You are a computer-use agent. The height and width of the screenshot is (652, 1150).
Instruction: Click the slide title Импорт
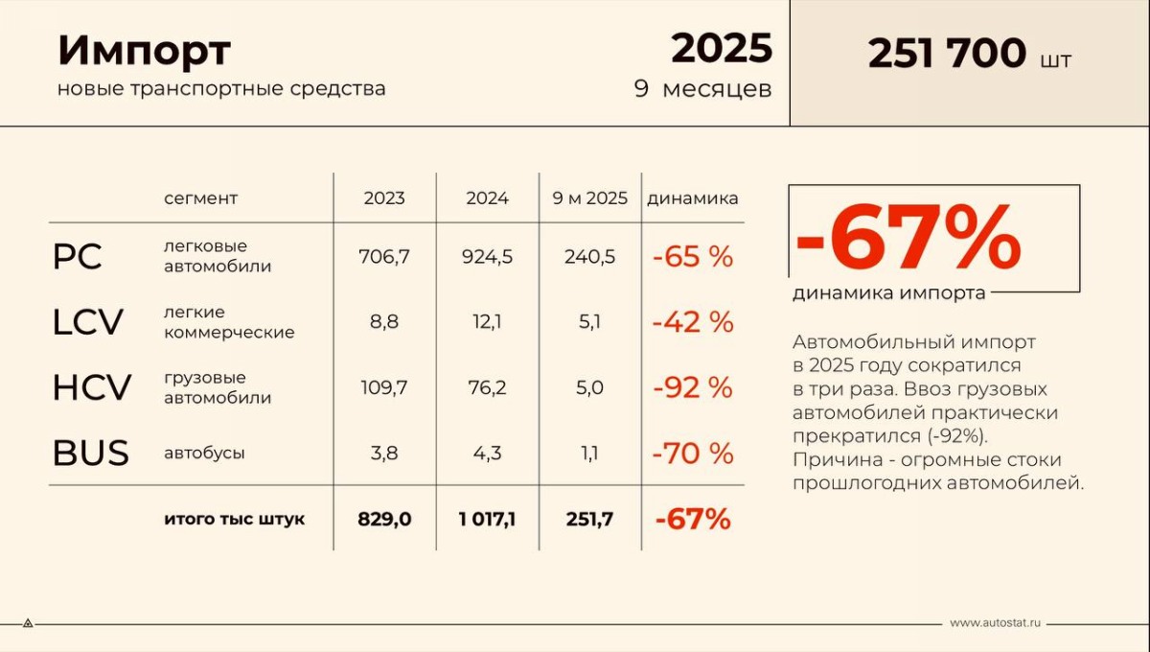click(144, 51)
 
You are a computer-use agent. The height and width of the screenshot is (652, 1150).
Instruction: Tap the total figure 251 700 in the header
click(946, 55)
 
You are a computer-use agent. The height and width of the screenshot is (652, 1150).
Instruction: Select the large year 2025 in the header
click(721, 48)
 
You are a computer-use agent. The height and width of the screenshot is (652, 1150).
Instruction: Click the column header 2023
click(384, 198)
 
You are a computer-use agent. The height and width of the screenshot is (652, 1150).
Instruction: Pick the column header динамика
click(693, 198)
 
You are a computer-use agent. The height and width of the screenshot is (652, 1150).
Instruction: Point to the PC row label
click(77, 257)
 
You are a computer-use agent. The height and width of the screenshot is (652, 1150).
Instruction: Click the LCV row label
click(87, 323)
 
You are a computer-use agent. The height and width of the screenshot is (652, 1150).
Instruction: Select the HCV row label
click(91, 388)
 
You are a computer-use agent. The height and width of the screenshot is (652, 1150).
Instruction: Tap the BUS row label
click(90, 453)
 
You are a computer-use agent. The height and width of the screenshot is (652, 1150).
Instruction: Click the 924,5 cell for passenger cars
click(487, 257)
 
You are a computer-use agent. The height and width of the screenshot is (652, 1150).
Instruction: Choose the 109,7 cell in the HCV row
click(383, 388)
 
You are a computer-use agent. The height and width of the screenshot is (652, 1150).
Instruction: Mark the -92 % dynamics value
click(693, 388)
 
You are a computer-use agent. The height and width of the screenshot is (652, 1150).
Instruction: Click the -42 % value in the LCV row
click(693, 323)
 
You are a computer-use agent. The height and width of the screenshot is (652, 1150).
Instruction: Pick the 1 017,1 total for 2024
click(487, 520)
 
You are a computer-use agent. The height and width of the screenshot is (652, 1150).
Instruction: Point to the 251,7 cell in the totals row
click(589, 520)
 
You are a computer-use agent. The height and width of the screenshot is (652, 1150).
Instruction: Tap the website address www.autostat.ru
click(995, 623)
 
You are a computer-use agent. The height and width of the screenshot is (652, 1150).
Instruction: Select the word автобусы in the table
click(204, 453)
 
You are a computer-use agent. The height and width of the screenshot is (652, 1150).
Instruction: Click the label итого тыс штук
click(235, 520)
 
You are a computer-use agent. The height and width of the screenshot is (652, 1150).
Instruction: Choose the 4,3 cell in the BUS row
click(487, 453)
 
